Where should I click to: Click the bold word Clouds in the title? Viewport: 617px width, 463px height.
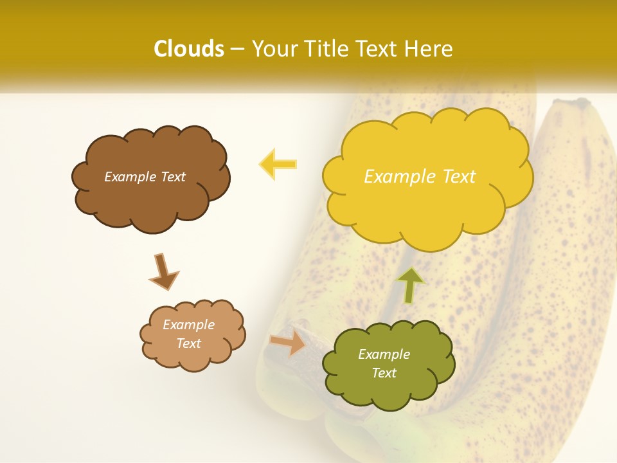click(189, 49)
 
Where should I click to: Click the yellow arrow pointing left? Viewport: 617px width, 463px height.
click(278, 165)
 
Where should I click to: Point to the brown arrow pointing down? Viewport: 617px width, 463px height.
click(163, 271)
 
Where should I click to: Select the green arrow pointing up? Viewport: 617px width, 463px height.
click(410, 285)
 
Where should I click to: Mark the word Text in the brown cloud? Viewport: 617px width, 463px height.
click(172, 177)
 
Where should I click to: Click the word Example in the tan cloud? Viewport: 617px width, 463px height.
click(188, 325)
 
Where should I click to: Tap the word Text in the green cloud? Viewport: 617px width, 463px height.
click(384, 373)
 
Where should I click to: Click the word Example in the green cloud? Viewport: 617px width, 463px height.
click(384, 354)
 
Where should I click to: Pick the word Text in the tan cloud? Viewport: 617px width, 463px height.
click(188, 343)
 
